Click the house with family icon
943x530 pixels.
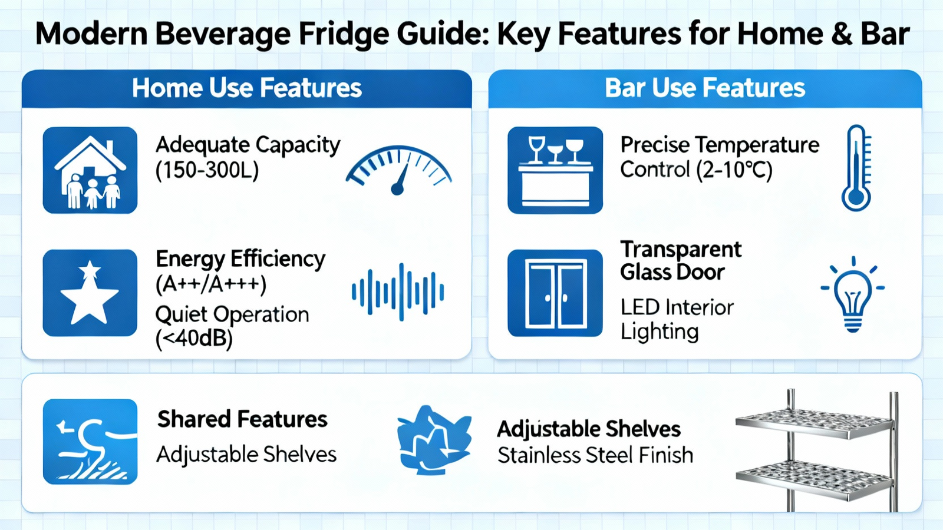click(90, 170)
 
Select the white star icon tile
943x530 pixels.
click(90, 293)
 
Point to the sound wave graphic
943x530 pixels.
click(398, 292)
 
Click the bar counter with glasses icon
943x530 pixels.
click(555, 170)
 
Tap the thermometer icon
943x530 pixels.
click(856, 168)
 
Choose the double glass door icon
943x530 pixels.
click(555, 293)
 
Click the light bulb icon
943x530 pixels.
click(853, 294)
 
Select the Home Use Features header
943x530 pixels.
click(247, 88)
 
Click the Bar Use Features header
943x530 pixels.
click(705, 88)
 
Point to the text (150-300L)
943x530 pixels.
click(207, 170)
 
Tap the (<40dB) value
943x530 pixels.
click(194, 339)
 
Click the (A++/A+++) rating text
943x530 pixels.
click(211, 284)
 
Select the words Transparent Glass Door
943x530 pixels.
click(681, 261)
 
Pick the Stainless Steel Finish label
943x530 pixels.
click(595, 455)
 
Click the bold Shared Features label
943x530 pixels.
click(242, 419)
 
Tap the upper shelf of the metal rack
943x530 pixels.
click(815, 423)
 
